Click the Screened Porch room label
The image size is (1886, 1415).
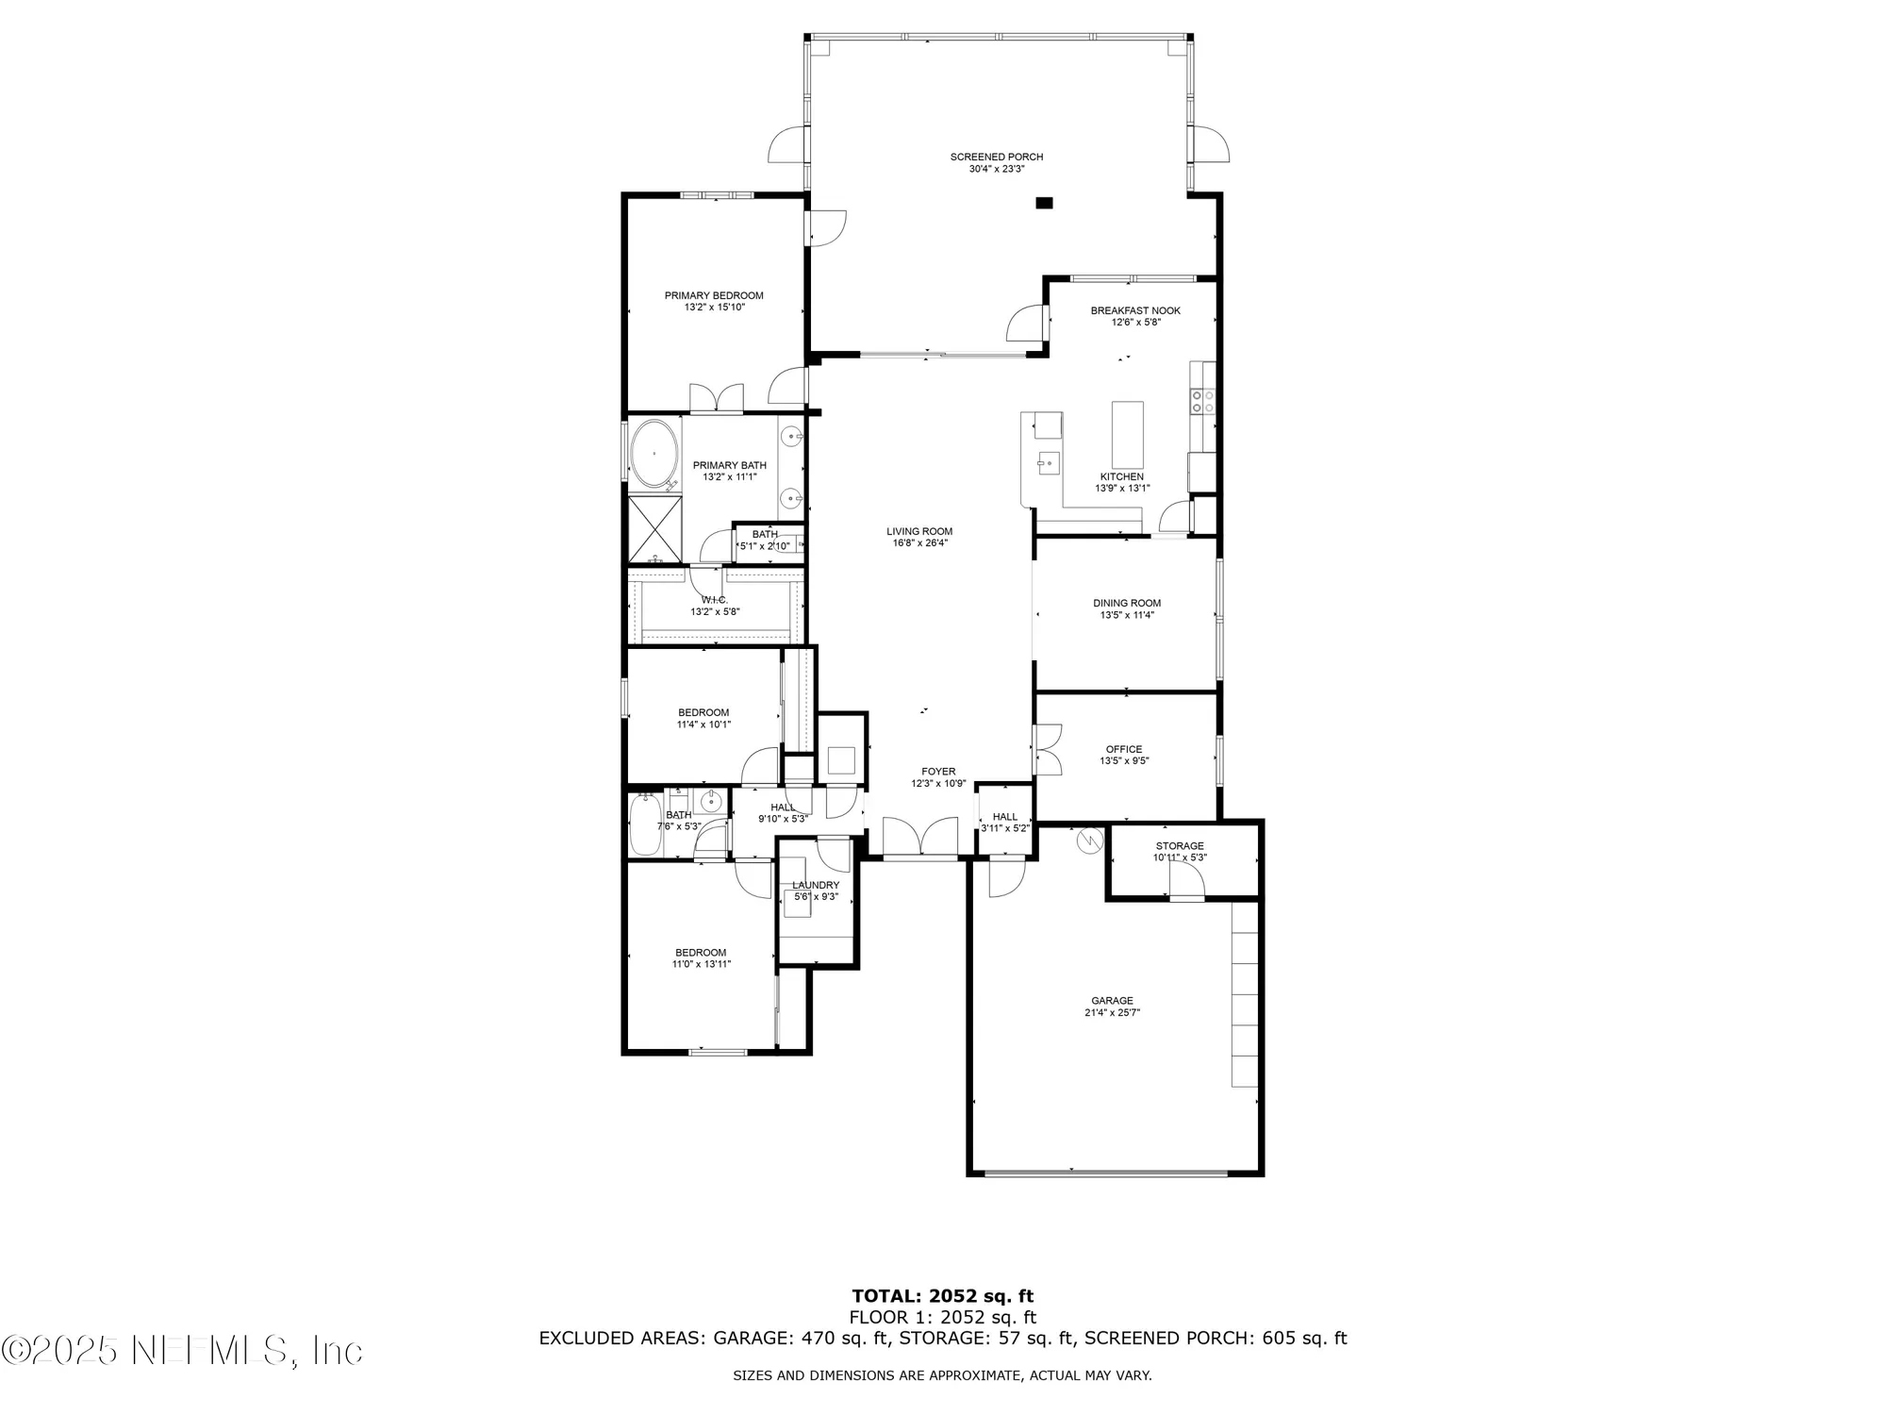click(997, 157)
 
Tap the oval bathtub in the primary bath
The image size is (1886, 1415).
click(653, 453)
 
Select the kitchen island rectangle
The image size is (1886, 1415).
click(1128, 434)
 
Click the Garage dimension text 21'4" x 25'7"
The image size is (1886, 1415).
click(1112, 1012)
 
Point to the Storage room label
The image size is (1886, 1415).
click(1180, 846)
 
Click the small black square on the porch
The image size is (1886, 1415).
click(1044, 203)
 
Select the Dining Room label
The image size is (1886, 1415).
click(1127, 603)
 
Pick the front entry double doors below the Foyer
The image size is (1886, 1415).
click(920, 838)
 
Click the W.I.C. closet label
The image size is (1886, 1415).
click(714, 600)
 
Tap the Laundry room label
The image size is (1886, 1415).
click(816, 885)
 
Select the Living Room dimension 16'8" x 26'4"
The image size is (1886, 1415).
click(919, 543)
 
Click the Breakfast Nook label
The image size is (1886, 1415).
click(1135, 310)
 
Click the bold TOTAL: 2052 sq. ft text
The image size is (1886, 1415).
click(943, 1296)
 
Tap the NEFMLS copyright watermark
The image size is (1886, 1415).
click(182, 1351)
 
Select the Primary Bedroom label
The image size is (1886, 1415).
click(714, 295)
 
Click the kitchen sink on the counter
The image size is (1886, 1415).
click(1047, 463)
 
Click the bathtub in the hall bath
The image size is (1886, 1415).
click(646, 825)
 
